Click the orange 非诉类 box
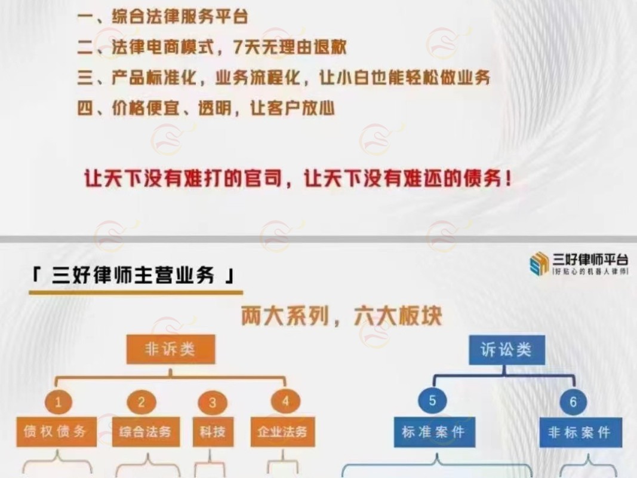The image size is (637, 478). pos(171,349)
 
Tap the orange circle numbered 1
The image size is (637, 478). pos(59,402)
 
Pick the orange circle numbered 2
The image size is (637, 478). pos(141,402)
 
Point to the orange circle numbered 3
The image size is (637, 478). pos(213,403)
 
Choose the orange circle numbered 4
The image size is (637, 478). pos(285,402)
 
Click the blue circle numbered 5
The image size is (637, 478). pos(432,400)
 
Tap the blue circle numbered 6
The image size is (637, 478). pos(573,402)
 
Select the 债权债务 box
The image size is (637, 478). pos(57,431)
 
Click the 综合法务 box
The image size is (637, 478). pos(146,431)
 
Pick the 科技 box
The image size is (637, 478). pos(213,431)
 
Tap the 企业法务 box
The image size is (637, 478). pos(283,431)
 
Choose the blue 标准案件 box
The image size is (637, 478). pos(434,432)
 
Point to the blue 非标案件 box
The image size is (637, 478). pos(580,433)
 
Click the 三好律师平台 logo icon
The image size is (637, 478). pos(540,263)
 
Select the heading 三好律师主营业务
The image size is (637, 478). pos(133,275)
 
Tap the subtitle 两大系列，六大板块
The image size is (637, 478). pos(341,316)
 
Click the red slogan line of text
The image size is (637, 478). pos(298,179)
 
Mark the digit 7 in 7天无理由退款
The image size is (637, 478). pos(239,47)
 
